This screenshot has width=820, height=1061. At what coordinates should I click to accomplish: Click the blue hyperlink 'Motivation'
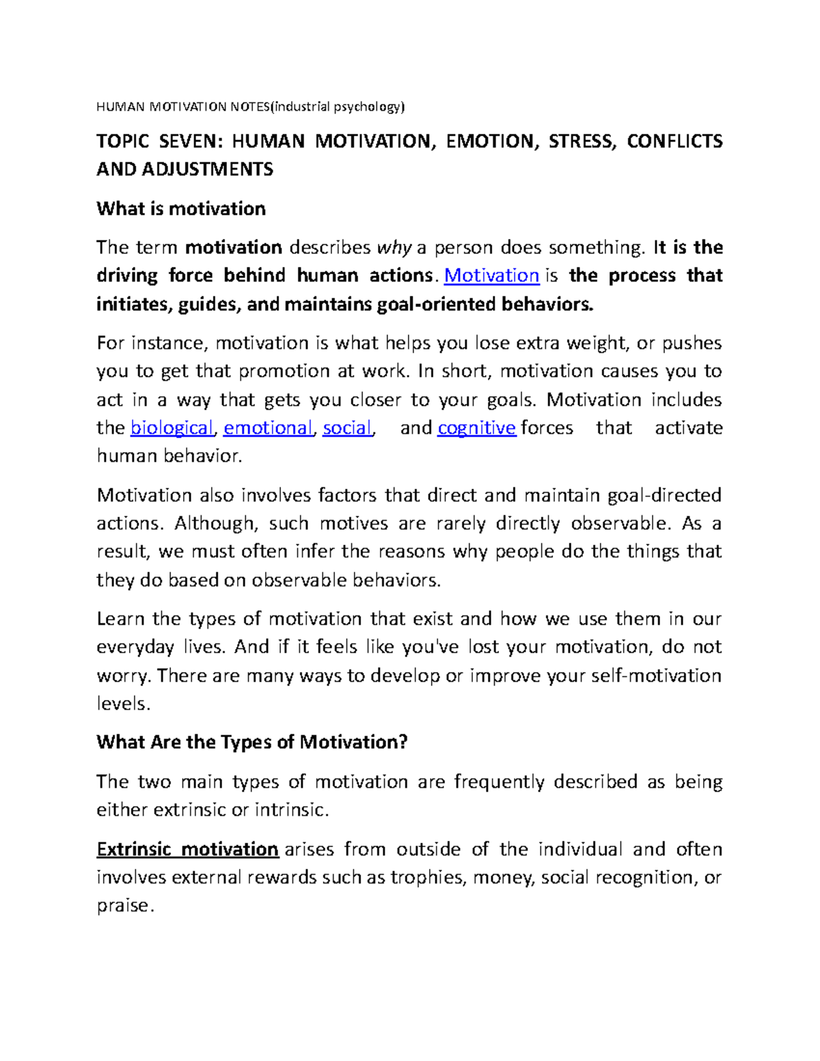point(491,275)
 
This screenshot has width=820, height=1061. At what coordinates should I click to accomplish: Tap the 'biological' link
point(172,428)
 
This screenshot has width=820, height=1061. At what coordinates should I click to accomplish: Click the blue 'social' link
point(347,428)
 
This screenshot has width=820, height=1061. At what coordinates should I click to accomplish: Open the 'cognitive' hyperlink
point(476,428)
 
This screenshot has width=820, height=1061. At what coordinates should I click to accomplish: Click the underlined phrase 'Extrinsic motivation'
point(187,849)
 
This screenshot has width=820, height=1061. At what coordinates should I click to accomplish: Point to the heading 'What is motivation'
point(181,208)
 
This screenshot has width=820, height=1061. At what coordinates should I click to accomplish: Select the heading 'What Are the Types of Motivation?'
point(251,742)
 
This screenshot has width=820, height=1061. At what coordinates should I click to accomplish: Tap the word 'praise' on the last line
point(122,906)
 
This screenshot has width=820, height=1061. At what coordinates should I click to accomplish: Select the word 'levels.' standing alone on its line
point(123,704)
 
